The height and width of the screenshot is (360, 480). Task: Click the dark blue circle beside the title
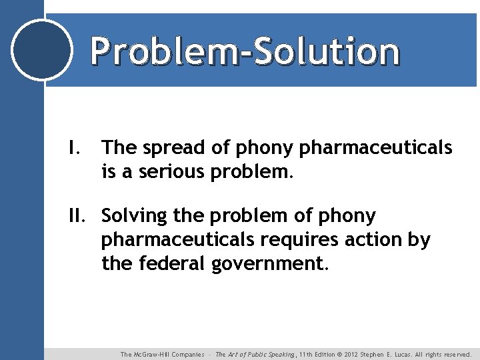click(x=42, y=49)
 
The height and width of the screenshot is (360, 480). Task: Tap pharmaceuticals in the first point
click(x=376, y=148)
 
